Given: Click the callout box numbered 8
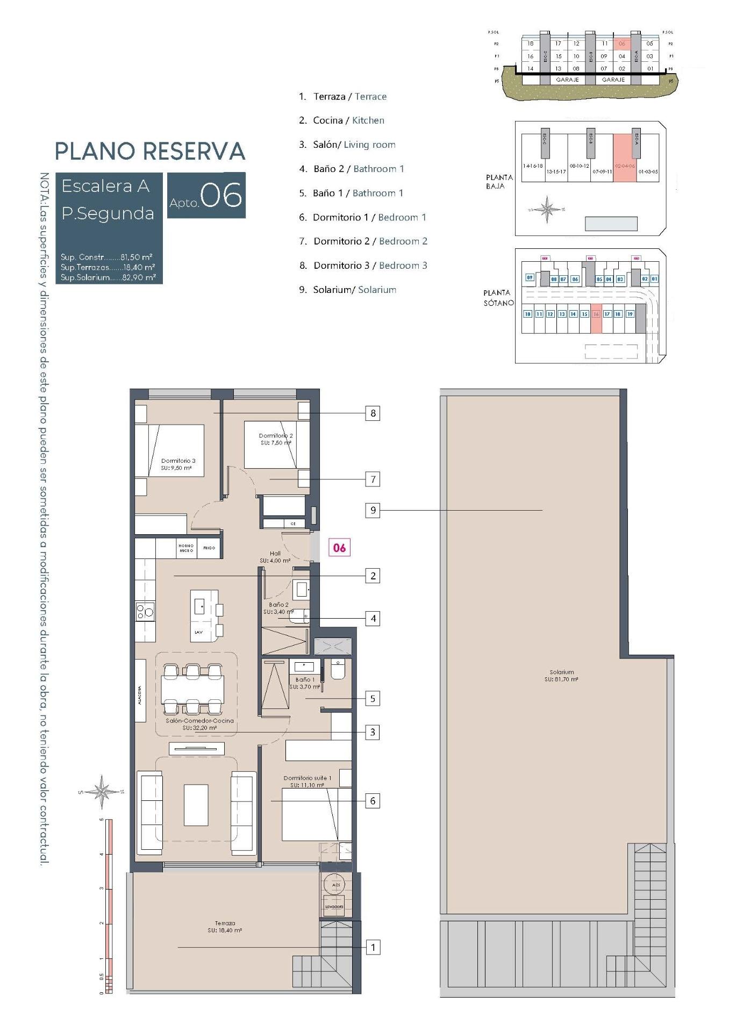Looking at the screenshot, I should click(x=373, y=413).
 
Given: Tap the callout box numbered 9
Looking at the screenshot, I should click(x=373, y=510).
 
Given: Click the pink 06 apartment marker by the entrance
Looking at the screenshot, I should click(x=339, y=548).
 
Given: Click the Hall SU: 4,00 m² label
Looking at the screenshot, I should click(x=275, y=557).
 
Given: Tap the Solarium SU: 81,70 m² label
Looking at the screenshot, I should click(x=561, y=676).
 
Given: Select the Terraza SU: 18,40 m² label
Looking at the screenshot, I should click(x=225, y=927).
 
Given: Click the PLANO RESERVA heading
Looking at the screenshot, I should click(x=150, y=151).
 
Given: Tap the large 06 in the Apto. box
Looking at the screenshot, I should click(x=221, y=196).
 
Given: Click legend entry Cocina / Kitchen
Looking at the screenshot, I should click(x=342, y=120).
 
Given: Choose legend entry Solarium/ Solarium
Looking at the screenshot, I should click(x=348, y=290).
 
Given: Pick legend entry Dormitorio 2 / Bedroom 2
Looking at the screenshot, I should click(x=364, y=241).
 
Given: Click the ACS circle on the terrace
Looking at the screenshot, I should click(x=335, y=885).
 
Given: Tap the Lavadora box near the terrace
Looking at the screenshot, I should click(x=334, y=906).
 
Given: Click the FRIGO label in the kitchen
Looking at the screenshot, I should click(x=209, y=548).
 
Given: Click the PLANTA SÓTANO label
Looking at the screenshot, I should click(x=498, y=298).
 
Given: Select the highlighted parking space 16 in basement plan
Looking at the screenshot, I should click(x=596, y=314).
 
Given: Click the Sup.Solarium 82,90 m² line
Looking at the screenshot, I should click(x=108, y=277).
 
